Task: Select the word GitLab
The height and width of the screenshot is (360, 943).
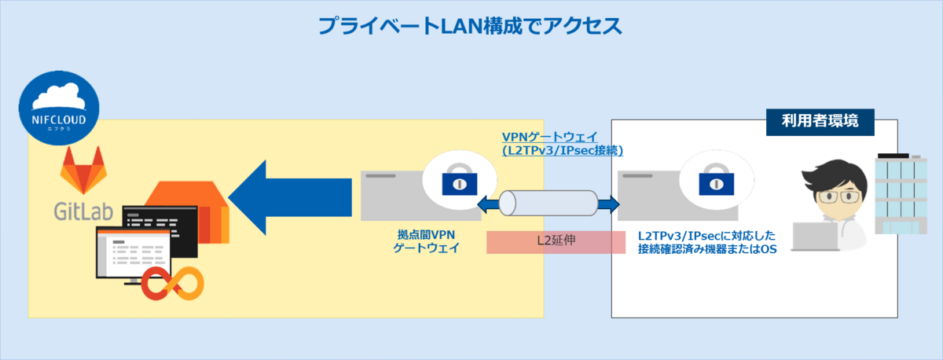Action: click(x=83, y=211)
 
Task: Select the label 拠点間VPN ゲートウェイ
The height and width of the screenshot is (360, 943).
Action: click(x=424, y=241)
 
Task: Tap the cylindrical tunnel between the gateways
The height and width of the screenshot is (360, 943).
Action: click(x=548, y=204)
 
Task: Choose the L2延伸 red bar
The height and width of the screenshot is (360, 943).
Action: click(x=556, y=242)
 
